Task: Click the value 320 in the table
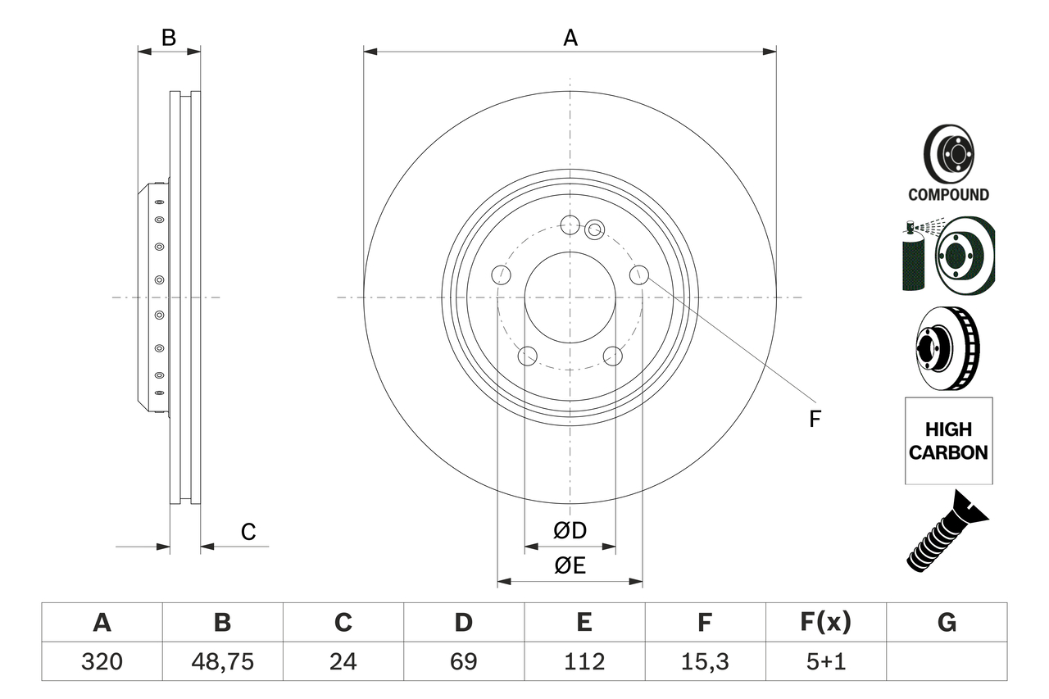pyautogui.click(x=102, y=661)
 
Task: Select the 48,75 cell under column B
pyautogui.click(x=222, y=661)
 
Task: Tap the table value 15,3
pyautogui.click(x=704, y=661)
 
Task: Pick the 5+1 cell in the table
pyautogui.click(x=825, y=661)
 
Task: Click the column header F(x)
pyautogui.click(x=825, y=623)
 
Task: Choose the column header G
pyautogui.click(x=947, y=623)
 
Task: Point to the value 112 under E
pyautogui.click(x=584, y=661)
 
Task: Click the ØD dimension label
pyautogui.click(x=570, y=531)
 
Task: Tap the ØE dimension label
pyautogui.click(x=570, y=566)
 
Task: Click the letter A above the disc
pyautogui.click(x=570, y=38)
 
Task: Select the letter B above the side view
pyautogui.click(x=168, y=38)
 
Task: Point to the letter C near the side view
pyautogui.click(x=248, y=533)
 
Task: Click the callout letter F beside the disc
pyautogui.click(x=814, y=419)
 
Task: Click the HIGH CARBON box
pyautogui.click(x=948, y=441)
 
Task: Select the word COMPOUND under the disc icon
pyautogui.click(x=948, y=195)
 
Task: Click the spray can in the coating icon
pyautogui.click(x=910, y=258)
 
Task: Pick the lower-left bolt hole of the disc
pyautogui.click(x=529, y=356)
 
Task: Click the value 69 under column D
pyautogui.click(x=463, y=661)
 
